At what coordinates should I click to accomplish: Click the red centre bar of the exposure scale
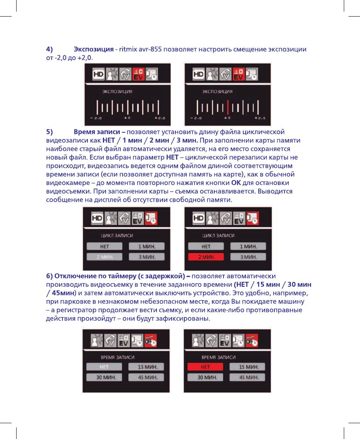point(228,107)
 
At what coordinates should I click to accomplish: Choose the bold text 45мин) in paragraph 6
point(61,292)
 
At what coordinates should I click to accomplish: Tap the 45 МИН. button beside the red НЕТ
point(247,377)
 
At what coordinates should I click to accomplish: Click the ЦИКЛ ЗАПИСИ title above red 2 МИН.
point(219,235)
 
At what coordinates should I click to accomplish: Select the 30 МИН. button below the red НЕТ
point(205,377)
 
